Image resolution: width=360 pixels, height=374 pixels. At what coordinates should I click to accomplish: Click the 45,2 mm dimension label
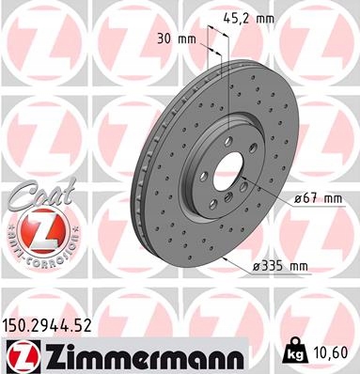(249, 19)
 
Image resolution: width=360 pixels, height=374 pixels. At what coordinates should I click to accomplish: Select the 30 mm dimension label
(177, 39)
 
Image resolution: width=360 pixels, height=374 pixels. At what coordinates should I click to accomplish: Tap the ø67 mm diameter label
(318, 198)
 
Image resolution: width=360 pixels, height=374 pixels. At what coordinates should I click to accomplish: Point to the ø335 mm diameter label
(280, 266)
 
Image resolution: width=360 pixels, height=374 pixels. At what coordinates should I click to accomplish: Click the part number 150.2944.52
(47, 325)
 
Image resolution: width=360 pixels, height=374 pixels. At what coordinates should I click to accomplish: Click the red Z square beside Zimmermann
(23, 357)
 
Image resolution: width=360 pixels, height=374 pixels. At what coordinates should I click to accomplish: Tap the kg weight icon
(294, 351)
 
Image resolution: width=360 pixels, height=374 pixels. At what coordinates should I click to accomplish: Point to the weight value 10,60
(330, 352)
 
